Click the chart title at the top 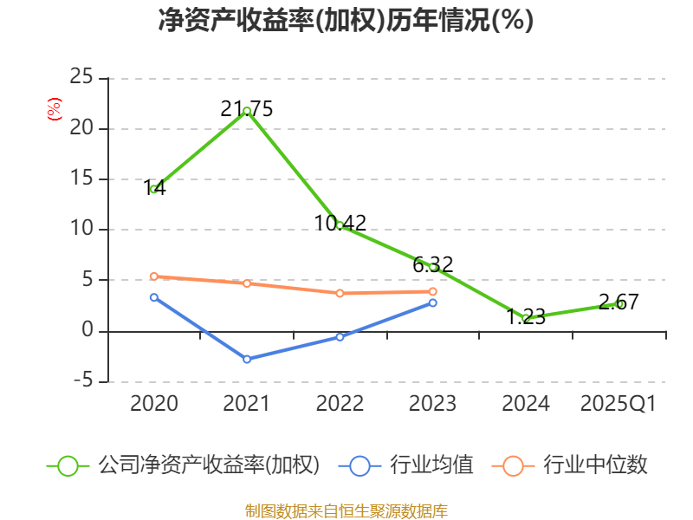tap(346, 21)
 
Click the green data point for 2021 tap(247, 111)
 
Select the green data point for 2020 tap(154, 189)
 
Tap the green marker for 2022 tap(340, 225)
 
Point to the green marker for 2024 tap(526, 318)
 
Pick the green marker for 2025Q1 tap(619, 303)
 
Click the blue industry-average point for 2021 tap(247, 359)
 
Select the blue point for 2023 tap(433, 302)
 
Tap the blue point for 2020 tap(154, 297)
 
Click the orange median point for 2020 tap(154, 276)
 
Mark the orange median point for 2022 tap(340, 293)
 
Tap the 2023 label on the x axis tap(433, 404)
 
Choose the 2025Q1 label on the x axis tap(619, 404)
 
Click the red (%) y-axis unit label tap(54, 109)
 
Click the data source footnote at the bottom tap(346, 510)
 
